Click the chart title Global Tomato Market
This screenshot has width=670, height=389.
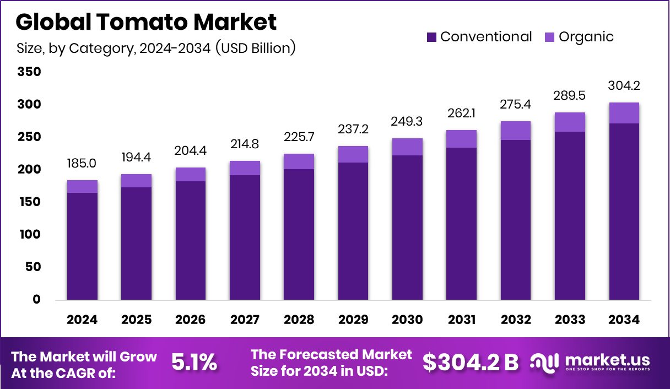[146, 22]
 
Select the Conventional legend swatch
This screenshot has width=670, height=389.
[431, 37]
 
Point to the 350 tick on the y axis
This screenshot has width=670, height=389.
[29, 72]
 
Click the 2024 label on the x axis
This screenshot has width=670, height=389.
[82, 320]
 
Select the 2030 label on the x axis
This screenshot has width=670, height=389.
[407, 320]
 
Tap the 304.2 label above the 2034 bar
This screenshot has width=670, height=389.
[624, 86]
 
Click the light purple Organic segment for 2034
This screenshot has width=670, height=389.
[624, 113]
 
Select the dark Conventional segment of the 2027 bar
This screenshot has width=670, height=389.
[245, 237]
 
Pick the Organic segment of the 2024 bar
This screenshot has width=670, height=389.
[82, 186]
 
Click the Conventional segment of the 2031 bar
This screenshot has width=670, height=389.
[461, 223]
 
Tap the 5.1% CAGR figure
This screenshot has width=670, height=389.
[194, 362]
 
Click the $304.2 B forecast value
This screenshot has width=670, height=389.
[471, 362]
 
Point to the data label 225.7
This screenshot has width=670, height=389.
[299, 136]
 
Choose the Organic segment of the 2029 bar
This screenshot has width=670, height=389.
[353, 154]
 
